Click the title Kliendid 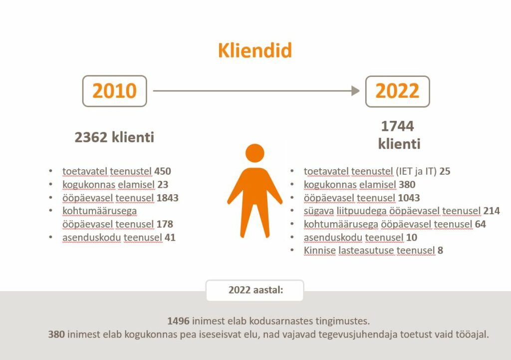255,50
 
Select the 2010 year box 115,91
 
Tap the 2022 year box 398,91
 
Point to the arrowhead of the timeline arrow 355,91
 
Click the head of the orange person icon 255,153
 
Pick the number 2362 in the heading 91,137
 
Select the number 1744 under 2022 398,126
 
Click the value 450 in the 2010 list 163,171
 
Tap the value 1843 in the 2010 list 168,198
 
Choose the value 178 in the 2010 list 165,224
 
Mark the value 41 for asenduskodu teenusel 170,237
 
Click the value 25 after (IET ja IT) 445,171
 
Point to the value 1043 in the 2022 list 409,198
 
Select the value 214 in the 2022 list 492,211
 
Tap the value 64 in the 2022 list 481,224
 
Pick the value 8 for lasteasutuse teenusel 440,251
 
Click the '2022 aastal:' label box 255,290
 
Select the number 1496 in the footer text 178,321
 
